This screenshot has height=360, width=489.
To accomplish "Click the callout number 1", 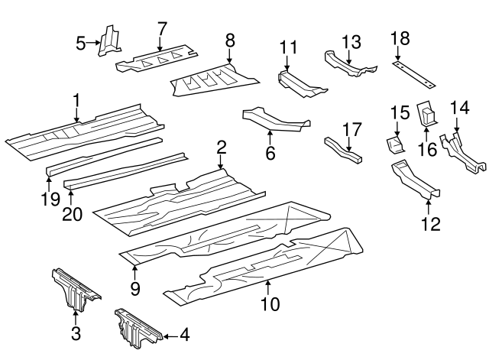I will click(x=76, y=100).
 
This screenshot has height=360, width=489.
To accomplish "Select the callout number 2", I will click(x=221, y=147).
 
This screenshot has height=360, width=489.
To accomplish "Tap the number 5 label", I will click(x=82, y=44).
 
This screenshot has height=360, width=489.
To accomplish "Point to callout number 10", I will click(x=269, y=304).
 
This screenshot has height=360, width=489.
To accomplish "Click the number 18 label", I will click(x=400, y=38).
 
